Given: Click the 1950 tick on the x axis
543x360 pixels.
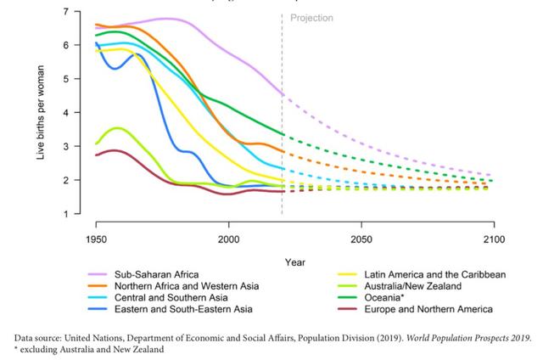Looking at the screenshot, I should tap(95, 240).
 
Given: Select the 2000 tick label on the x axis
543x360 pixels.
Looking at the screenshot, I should tap(228, 240).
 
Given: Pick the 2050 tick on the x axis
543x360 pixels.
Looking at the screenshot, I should tap(361, 240).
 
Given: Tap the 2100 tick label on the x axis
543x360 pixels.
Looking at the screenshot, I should tap(494, 240).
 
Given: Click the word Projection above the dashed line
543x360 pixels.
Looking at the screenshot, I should tap(311, 18).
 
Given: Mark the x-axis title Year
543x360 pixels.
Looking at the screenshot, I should tap(295, 262).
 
